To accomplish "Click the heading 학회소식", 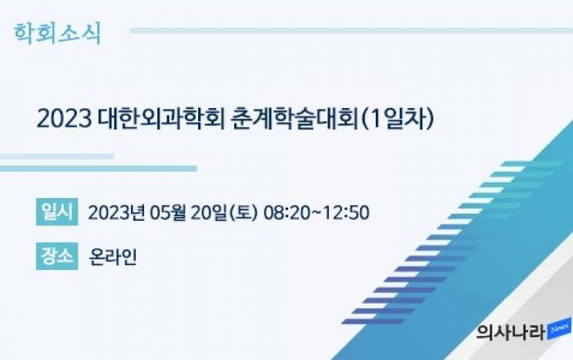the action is click(x=57, y=34).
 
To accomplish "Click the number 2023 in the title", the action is click(x=64, y=119).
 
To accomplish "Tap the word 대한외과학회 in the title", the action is click(x=161, y=119).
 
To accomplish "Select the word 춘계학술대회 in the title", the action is click(x=295, y=119).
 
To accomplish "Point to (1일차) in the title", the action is click(x=397, y=119).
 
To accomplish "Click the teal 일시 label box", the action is click(x=57, y=212).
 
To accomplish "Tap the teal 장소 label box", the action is click(x=57, y=256).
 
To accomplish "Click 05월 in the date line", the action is click(x=167, y=213).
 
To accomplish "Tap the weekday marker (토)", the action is click(x=242, y=213).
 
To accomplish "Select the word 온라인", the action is click(x=113, y=257).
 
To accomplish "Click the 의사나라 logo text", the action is click(x=511, y=332).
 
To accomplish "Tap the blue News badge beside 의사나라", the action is click(x=559, y=329).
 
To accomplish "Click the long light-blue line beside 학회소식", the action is click(x=351, y=30).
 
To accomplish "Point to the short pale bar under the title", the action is click(x=56, y=156).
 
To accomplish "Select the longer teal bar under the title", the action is click(x=98, y=169).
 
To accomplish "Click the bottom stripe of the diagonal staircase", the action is click(x=373, y=322).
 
